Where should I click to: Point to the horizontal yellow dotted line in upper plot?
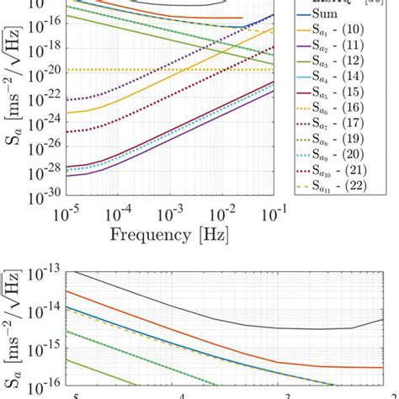coord(168,69)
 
